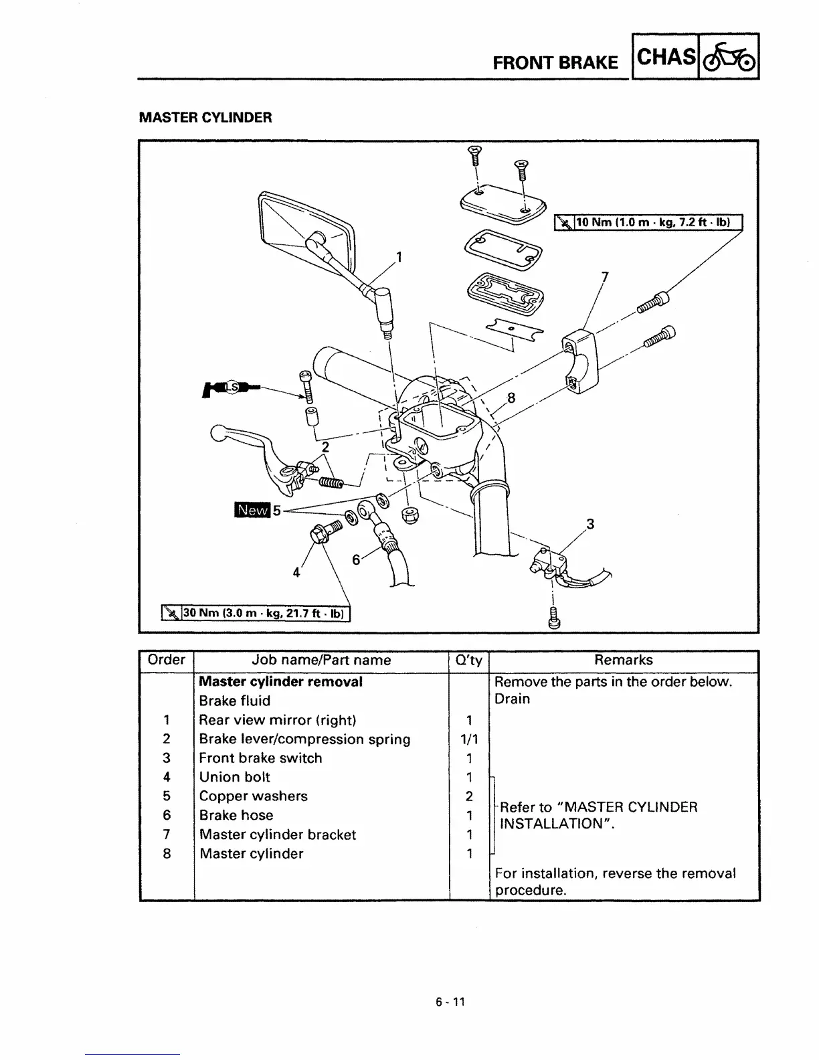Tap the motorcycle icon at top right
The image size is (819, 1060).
[729, 57]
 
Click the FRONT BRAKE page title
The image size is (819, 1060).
[555, 63]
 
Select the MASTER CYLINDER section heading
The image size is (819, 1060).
[205, 118]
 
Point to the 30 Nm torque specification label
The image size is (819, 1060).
[256, 612]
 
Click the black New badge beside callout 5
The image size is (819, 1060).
[251, 510]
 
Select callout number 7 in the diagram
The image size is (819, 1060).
[605, 276]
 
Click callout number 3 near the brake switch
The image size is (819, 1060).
[589, 523]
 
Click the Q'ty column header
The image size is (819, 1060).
[468, 660]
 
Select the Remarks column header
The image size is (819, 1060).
[624, 660]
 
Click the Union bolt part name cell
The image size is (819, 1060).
[235, 777]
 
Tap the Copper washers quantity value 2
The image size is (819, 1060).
[469, 796]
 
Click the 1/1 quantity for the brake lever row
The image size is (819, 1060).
[469, 739]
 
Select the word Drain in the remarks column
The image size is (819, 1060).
[512, 699]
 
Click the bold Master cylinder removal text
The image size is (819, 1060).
[281, 682]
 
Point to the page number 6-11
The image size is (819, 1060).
[450, 1002]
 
